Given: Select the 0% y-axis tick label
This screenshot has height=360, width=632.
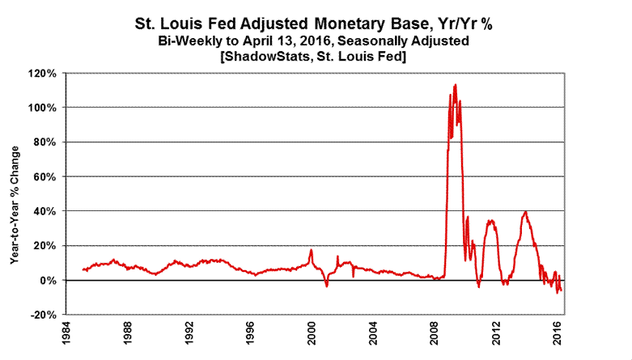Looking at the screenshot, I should tap(49, 280).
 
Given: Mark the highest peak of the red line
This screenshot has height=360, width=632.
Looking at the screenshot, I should tap(456, 84).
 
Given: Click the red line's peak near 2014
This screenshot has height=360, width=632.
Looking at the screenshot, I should tap(526, 212).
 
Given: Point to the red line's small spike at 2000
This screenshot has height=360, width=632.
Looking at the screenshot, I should tap(311, 250).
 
